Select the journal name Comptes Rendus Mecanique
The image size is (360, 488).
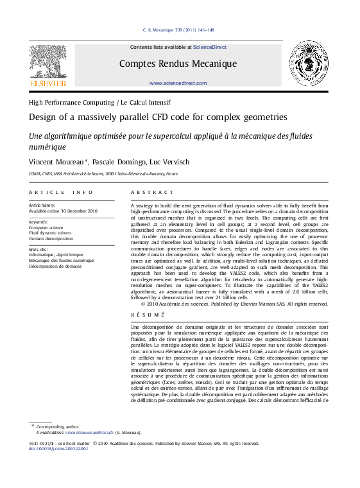coord(178,64)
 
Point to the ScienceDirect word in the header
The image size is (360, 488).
coord(210,47)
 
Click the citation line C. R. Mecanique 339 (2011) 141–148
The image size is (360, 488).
coord(178,30)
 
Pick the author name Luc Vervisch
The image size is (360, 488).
coord(170,162)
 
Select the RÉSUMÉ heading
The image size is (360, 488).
coord(147,315)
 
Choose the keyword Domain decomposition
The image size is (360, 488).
coord(51,238)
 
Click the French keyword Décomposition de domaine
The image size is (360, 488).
coord(55,266)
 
